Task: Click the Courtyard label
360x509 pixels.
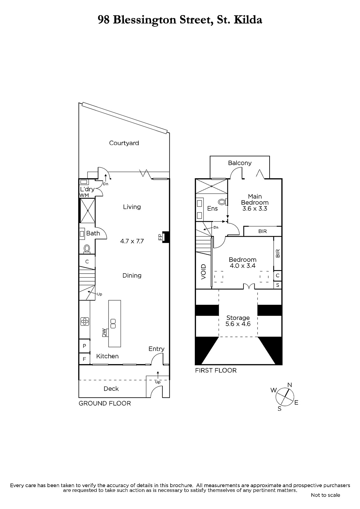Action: click(x=124, y=143)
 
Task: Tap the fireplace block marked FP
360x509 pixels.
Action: click(x=166, y=237)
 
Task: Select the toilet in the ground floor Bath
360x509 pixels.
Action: click(x=87, y=249)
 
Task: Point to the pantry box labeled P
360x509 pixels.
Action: click(x=84, y=346)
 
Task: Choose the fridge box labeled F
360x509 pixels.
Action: click(x=84, y=359)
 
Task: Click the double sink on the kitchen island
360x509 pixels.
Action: click(x=113, y=324)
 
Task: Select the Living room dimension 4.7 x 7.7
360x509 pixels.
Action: click(x=132, y=241)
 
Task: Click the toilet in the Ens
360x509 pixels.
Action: click(x=222, y=202)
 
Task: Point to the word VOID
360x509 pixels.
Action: click(x=203, y=272)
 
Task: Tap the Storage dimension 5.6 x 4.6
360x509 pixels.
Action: click(x=238, y=324)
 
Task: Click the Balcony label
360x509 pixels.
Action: click(x=240, y=163)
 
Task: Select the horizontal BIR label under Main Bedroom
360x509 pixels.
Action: click(x=262, y=231)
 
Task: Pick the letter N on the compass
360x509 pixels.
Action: click(x=290, y=385)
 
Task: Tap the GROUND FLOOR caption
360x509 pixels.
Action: click(x=105, y=404)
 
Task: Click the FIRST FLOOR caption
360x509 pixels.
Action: click(x=216, y=371)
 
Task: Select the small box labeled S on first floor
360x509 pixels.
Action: click(x=278, y=285)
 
